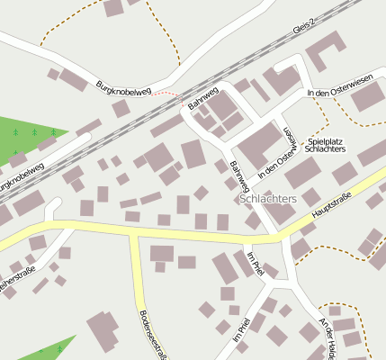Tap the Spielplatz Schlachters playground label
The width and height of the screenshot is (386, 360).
point(338,147)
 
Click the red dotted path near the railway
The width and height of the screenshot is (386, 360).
point(166,93)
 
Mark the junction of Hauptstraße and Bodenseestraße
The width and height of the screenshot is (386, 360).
point(134,235)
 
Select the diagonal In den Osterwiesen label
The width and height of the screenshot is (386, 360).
point(278,150)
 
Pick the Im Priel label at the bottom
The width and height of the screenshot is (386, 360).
point(239,330)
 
